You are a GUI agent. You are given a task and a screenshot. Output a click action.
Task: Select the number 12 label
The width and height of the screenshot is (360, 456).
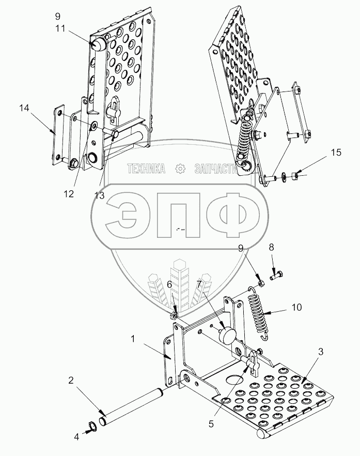tap(69, 194)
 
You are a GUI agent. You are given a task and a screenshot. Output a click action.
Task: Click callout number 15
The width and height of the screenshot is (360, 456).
tap(336, 153)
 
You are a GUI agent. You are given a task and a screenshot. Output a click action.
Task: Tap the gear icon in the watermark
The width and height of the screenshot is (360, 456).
tap(180, 169)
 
